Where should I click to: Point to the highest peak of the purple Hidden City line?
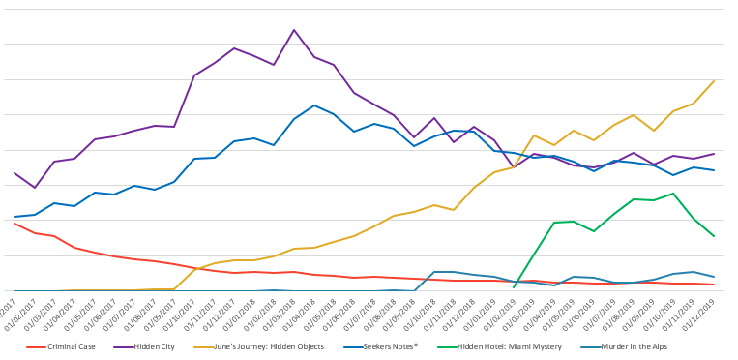coord(294,30)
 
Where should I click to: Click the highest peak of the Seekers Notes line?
coord(314,105)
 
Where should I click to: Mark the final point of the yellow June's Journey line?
coord(714,80)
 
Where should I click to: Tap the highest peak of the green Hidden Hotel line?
coord(673,193)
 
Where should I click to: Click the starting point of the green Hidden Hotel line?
coord(514,287)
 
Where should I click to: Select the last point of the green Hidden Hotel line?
coord(714,236)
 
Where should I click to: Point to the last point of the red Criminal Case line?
coord(714,285)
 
